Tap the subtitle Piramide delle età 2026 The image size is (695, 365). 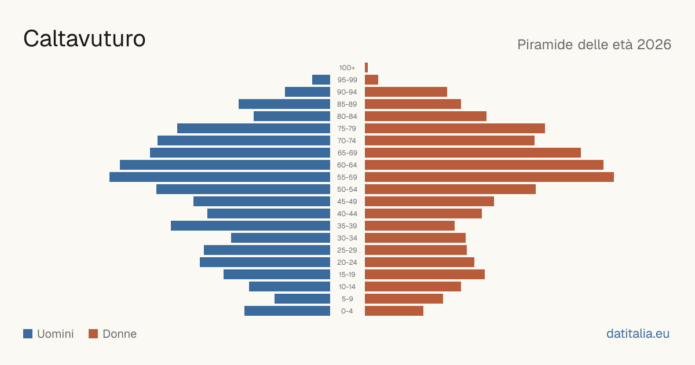594,45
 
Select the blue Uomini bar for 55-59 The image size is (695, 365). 220,177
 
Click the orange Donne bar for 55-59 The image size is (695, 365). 489,177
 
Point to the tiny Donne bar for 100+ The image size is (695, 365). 367,68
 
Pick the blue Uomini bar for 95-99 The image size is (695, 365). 321,80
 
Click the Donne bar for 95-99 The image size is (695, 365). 371,80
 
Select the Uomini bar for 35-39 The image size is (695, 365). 250,225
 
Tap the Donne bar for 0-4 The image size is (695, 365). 394,311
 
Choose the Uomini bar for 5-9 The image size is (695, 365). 302,298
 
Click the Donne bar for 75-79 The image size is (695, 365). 455,129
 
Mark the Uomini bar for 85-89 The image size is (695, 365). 284,104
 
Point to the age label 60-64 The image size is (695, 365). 347,165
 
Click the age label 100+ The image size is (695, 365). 347,68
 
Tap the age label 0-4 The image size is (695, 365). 347,311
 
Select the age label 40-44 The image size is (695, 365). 347,214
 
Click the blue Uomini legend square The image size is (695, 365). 28,334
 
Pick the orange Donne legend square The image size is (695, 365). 93,334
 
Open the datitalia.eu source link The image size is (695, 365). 638,334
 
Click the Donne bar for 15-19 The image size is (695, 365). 425,275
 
